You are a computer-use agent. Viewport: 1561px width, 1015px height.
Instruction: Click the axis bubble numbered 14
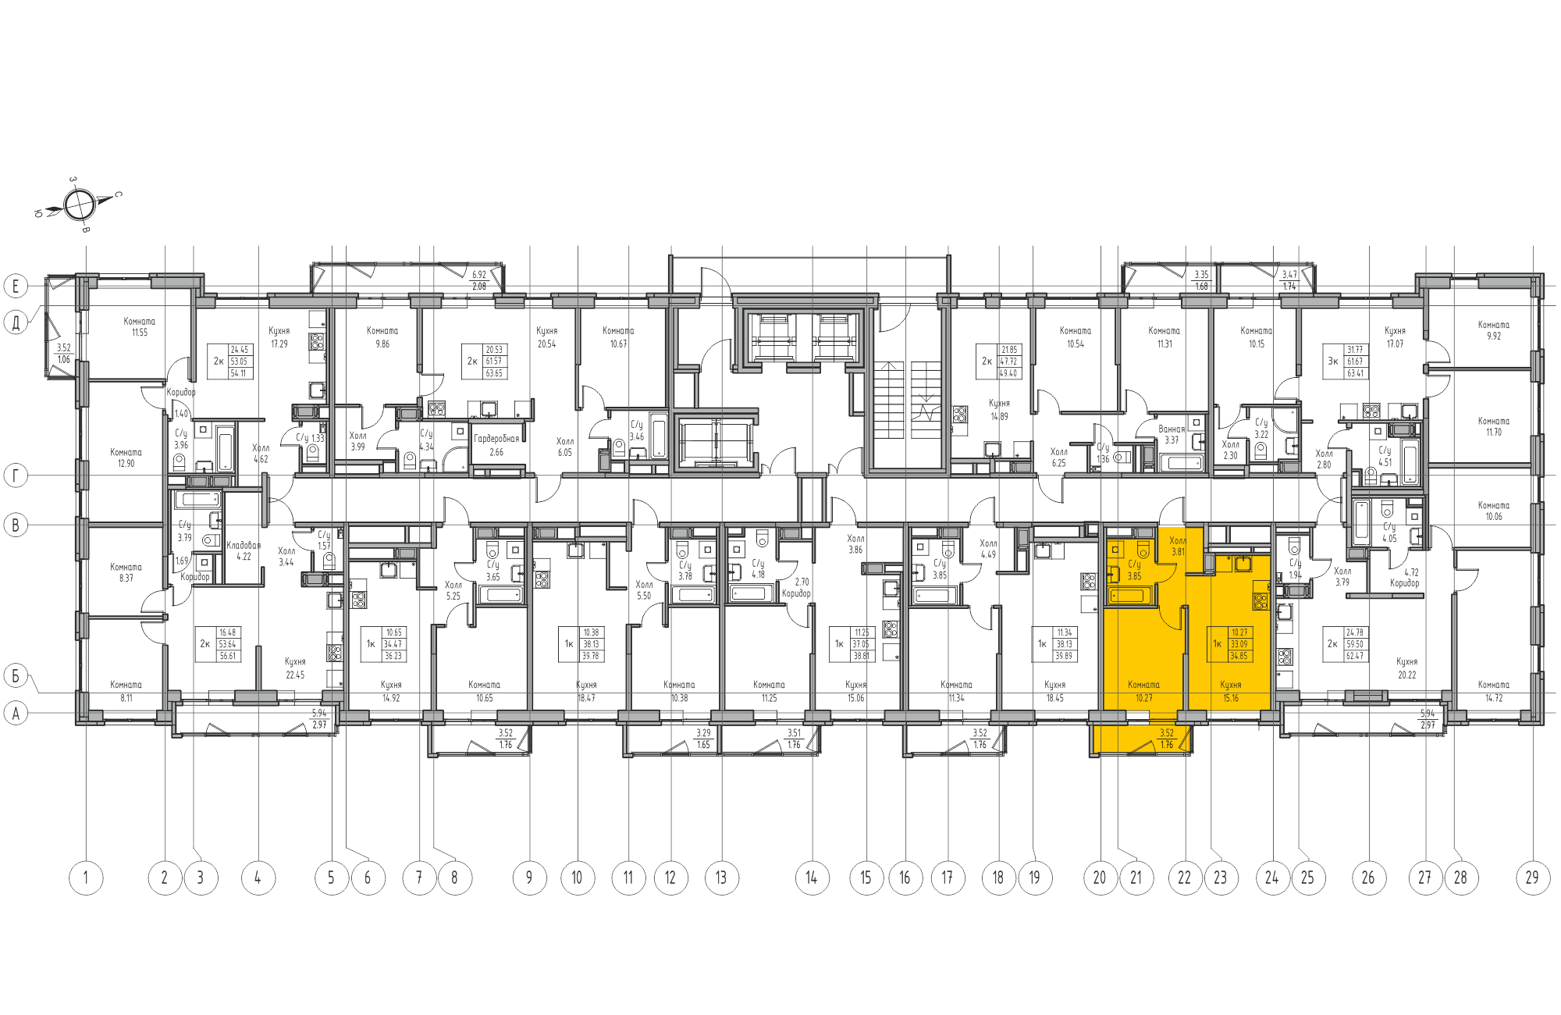[x=812, y=878]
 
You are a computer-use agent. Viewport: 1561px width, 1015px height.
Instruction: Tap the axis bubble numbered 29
[x=1532, y=878]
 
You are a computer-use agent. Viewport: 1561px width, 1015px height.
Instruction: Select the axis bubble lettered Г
[x=16, y=475]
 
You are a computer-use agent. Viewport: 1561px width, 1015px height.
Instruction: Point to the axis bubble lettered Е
[x=16, y=286]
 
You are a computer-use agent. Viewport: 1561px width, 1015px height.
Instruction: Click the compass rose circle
[x=79, y=205]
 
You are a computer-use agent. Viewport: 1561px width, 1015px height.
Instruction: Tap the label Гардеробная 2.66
[x=496, y=445]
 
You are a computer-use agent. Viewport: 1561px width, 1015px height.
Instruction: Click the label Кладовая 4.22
[x=244, y=550]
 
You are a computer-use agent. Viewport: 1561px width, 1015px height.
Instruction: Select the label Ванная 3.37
[x=1172, y=434]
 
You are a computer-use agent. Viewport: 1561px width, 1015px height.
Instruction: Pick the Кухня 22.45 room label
[x=295, y=668]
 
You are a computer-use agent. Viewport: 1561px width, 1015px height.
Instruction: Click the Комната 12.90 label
[x=126, y=458]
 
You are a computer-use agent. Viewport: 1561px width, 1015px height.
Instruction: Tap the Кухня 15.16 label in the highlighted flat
[x=1231, y=691]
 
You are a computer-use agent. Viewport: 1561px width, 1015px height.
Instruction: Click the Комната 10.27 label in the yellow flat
[x=1143, y=691]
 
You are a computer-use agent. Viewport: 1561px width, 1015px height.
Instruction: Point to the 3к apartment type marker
[x=1333, y=361]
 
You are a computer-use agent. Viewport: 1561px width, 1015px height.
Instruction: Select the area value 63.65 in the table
[x=494, y=373]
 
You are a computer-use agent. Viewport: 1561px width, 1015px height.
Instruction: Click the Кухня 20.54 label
[x=546, y=337]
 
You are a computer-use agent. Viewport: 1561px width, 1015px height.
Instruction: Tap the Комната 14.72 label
[x=1493, y=691]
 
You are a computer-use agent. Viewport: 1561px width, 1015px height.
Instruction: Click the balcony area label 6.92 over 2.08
[x=479, y=280]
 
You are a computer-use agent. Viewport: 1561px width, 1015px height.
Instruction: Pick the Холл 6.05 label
[x=564, y=447]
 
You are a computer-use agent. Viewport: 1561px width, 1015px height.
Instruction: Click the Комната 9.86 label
[x=382, y=337]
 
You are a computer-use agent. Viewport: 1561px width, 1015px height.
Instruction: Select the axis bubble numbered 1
[x=86, y=878]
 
